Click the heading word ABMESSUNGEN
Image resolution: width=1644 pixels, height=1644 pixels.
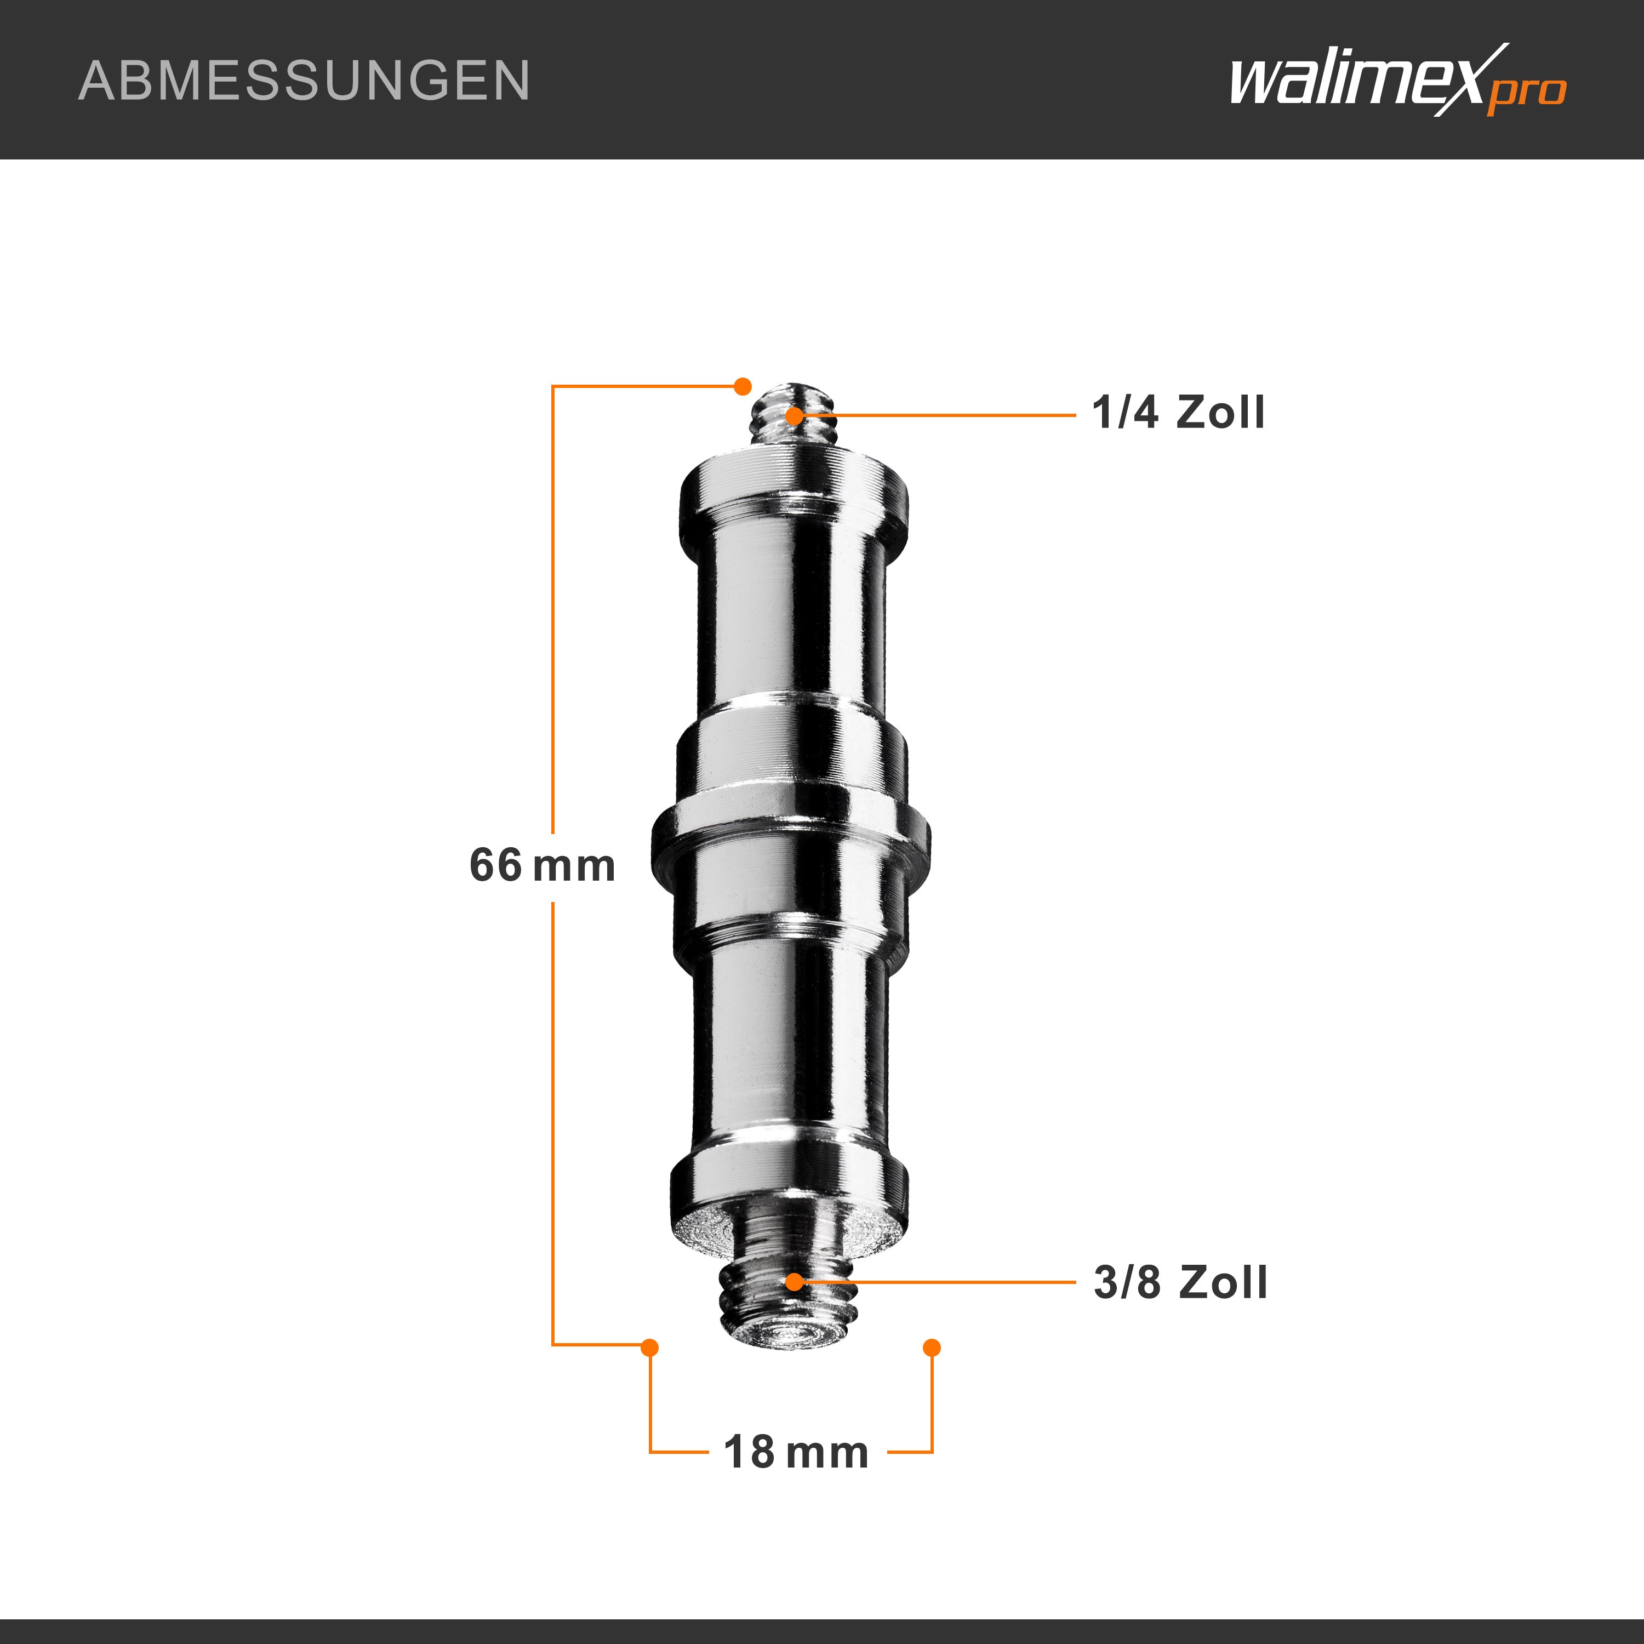[304, 81]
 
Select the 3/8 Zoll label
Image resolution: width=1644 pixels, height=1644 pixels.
[1180, 1282]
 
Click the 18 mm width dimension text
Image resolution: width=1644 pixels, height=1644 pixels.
[796, 1453]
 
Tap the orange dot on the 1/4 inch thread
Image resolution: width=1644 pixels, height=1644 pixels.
[793, 415]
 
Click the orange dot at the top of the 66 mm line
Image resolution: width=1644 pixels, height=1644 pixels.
[742, 385]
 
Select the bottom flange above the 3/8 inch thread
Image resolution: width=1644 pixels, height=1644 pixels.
[790, 1187]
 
